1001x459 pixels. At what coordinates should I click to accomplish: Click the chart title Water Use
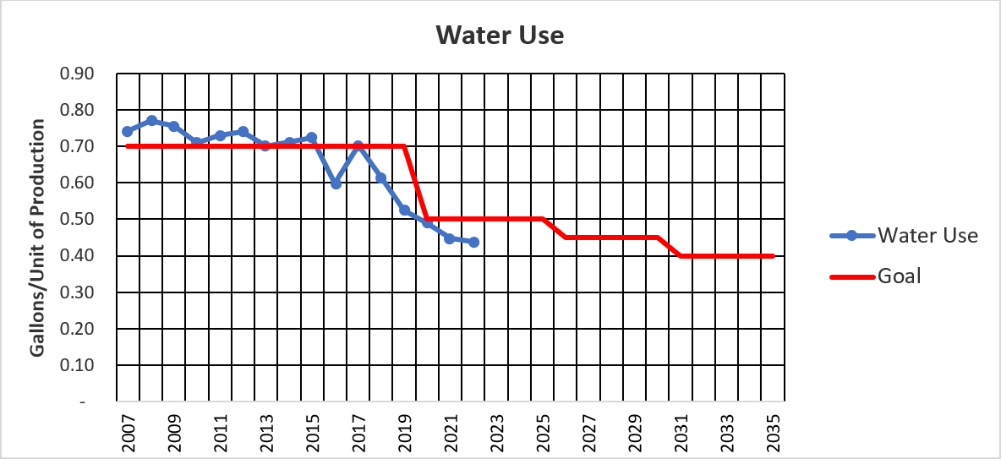coord(500,36)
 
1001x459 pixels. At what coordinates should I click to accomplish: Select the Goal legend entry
coord(898,275)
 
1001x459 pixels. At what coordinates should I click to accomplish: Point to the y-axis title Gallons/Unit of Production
coord(38,237)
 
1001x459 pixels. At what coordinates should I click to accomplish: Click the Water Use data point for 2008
coord(151,121)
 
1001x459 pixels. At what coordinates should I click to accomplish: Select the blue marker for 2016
coord(336,183)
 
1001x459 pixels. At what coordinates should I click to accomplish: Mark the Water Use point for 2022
coord(473,242)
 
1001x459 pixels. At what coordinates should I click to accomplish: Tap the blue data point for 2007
coord(128,131)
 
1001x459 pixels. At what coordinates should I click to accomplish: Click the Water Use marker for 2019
coord(404,210)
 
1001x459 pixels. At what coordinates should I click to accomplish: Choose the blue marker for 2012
coord(243,131)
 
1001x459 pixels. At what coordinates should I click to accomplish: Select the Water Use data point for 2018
coord(381,178)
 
